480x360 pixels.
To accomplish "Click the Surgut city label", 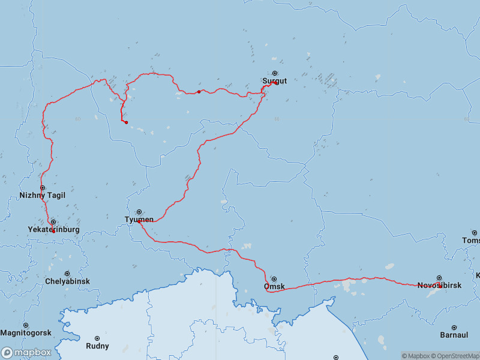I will pos(275,81).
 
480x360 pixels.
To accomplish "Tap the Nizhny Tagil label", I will pos(42,196).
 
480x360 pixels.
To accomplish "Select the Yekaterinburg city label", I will pos(53,230).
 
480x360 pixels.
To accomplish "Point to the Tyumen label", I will pos(139,220).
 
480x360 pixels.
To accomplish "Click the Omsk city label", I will pos(274,287).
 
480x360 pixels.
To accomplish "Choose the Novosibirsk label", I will pos(439,286).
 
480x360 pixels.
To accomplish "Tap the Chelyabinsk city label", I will pos(67,281).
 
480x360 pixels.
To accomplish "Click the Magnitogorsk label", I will pos(26,333).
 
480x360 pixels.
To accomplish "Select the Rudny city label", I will pos(97,346).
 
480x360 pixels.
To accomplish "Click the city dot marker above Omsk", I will pos(274,279).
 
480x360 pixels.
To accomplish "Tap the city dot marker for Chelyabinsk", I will pos(67,274).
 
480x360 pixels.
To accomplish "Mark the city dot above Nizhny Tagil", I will pos(43,188).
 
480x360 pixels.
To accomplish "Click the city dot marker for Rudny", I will pos(97,338).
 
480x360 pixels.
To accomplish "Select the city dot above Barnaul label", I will pos(454,328).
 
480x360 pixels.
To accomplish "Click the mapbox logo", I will pos(26,353).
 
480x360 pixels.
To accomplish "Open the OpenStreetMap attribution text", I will pos(453,356).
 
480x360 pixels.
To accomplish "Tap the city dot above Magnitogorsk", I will pos(26,325).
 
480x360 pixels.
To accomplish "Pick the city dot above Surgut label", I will pos(275,73).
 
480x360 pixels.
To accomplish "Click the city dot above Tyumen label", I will pos(139,212).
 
